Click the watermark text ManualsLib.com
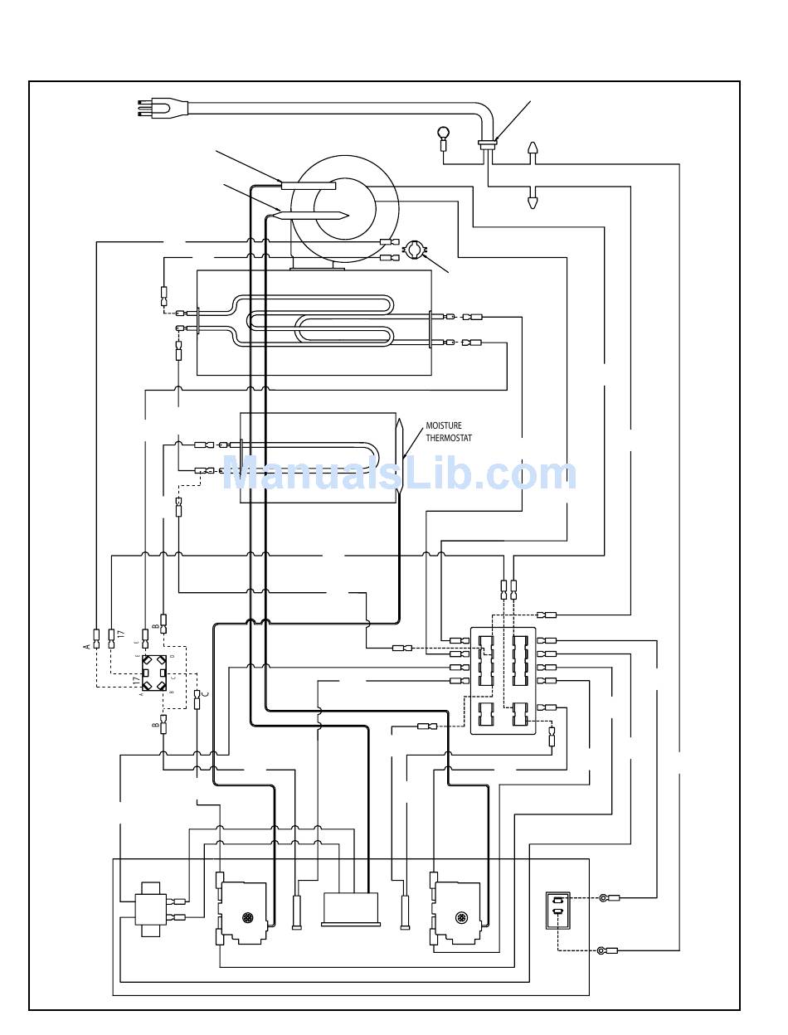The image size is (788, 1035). (399, 474)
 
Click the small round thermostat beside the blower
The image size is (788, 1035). (414, 249)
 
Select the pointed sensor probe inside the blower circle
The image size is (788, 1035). (309, 216)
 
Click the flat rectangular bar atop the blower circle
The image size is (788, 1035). (308, 186)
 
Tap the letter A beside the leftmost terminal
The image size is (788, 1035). (86, 644)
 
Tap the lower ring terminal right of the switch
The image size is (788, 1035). (602, 950)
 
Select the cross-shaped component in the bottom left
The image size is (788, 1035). (151, 909)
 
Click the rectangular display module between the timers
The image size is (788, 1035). (351, 908)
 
